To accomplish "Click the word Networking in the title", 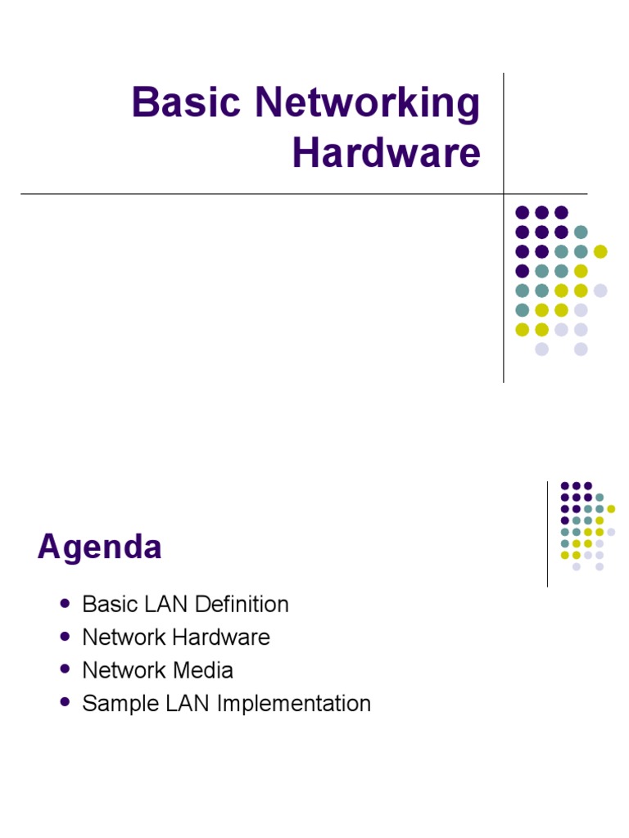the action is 368,102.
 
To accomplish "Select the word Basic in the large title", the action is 186,101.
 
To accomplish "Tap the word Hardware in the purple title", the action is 387,153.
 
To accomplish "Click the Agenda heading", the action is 99,547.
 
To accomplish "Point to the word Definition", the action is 242,605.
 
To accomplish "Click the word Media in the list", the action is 203,670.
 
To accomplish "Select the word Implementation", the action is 294,704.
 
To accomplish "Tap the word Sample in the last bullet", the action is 120,704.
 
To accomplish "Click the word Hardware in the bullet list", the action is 221,637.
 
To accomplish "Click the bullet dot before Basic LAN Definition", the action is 66,604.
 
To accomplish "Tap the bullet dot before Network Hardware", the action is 66,637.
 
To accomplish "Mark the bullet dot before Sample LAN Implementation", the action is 66,701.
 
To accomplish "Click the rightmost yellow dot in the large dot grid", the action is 600,251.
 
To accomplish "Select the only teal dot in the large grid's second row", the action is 581,232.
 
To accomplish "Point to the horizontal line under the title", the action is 304,193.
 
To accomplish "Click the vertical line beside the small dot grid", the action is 547,534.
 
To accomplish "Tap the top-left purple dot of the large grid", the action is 522,213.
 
